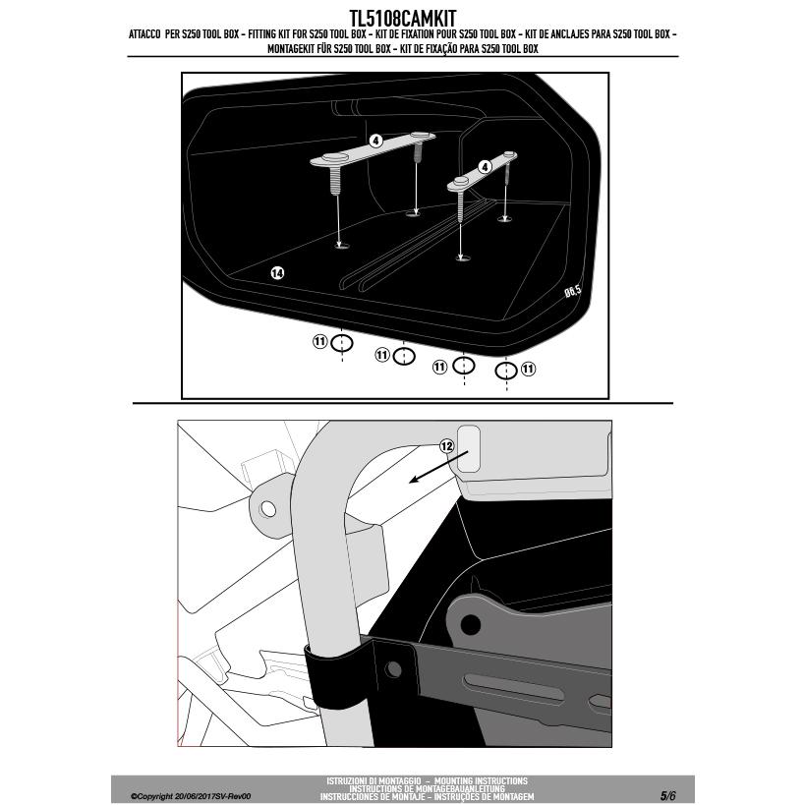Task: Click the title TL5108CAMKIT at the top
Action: (402, 18)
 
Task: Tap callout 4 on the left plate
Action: (375, 141)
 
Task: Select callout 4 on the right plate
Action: (485, 167)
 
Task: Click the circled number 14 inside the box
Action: (277, 272)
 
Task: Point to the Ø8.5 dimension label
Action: (572, 291)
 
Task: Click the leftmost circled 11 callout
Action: (319, 341)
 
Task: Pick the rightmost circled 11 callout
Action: (528, 369)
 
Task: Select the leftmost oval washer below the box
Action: (341, 343)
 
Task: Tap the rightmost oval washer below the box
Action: (505, 371)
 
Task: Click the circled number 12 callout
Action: (446, 446)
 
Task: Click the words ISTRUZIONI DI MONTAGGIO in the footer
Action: (369, 780)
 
